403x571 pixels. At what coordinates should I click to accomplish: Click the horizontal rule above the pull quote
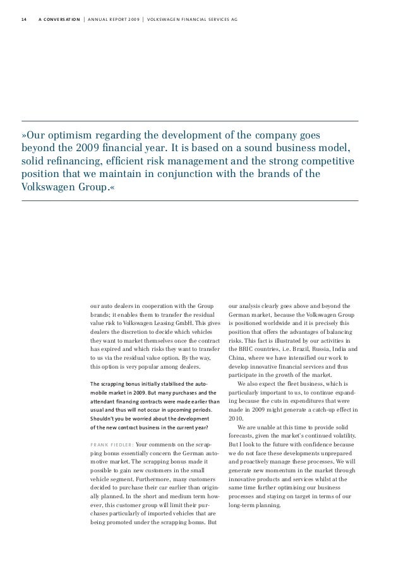pos(189,121)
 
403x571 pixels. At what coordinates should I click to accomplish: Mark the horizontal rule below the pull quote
pos(189,200)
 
